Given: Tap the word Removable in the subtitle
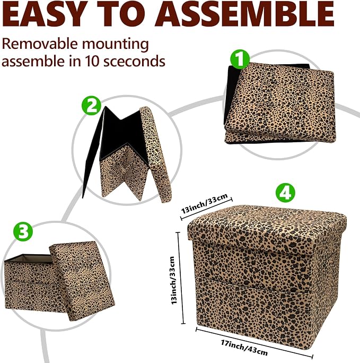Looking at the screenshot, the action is click(40, 44).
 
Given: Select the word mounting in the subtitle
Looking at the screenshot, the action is click(116, 45).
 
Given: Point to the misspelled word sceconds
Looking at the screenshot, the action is click(134, 62).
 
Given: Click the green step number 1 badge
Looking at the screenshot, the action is click(241, 59).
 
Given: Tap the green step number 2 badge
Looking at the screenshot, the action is click(92, 106).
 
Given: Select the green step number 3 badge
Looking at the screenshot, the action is click(23, 231).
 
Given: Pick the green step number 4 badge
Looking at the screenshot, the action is click(285, 193).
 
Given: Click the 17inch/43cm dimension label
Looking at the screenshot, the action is click(244, 348).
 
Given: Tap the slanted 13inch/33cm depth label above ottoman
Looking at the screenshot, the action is click(205, 203).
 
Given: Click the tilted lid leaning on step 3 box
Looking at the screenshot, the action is click(82, 281).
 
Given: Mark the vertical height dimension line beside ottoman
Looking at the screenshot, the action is click(181, 278).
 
